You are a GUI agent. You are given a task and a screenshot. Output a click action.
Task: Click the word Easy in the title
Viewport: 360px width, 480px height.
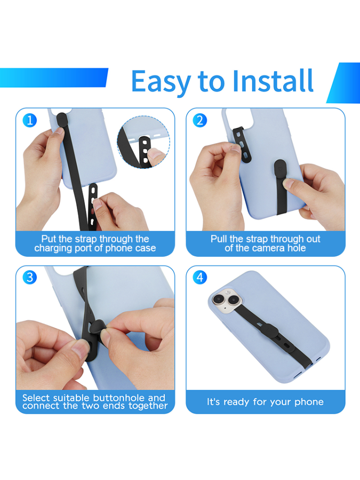161,82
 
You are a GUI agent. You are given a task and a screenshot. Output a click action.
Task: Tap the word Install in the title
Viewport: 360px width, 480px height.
273,81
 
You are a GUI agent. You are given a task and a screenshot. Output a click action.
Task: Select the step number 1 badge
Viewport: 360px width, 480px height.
30,120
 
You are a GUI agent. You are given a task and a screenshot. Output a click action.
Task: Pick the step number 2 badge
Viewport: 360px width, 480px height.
200,120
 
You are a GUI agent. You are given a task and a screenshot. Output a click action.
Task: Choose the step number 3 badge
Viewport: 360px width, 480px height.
30,277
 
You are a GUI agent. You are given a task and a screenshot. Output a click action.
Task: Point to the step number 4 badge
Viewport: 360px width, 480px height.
200,277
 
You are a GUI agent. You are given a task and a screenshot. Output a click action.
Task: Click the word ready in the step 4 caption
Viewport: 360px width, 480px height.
236,402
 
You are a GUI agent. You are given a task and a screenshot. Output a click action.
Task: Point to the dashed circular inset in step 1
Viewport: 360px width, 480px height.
143,142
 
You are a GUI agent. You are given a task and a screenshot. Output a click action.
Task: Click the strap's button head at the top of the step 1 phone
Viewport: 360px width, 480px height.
62,119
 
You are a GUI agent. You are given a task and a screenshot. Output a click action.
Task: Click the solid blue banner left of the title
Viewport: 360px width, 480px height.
54,77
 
